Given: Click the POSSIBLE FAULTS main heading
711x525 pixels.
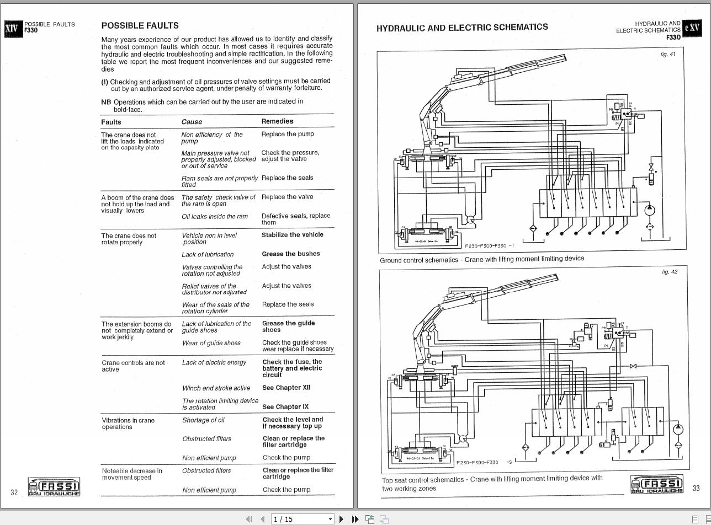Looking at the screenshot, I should click(140, 25).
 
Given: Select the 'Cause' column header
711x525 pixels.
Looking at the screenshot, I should click(192, 122).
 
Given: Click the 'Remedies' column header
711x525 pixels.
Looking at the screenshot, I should click(277, 121).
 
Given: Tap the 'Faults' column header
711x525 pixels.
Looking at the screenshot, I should click(111, 122).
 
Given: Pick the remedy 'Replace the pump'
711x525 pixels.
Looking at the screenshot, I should click(288, 134).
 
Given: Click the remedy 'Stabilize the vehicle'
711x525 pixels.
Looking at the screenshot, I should click(292, 235).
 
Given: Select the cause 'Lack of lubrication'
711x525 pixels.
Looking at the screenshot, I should click(208, 254).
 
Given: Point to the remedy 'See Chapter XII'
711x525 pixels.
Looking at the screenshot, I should click(286, 388).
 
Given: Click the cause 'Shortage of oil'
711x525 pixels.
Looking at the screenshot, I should click(203, 420).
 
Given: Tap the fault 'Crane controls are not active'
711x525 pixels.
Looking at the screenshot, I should click(133, 366).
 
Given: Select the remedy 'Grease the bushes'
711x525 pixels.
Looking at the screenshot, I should click(290, 254).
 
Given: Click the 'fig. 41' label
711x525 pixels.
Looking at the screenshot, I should click(667, 54).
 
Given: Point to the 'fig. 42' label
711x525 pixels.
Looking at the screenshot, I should click(669, 271).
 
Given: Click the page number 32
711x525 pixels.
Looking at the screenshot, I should click(14, 492).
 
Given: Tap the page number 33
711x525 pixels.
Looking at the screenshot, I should click(696, 488).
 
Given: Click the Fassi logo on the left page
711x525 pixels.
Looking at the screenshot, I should click(54, 487).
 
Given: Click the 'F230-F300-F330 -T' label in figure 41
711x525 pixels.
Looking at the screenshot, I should click(489, 246).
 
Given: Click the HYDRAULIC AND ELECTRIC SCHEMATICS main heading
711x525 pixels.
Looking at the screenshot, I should click(462, 27).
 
